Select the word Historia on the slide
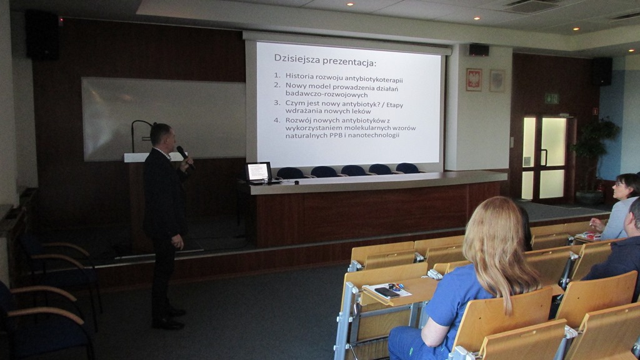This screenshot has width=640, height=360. [x=299, y=76]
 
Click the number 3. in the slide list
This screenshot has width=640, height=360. [x=277, y=103]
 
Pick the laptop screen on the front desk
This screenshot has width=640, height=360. [x=258, y=171]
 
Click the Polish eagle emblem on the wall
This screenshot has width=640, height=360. [x=474, y=79]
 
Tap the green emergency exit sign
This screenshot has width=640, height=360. [x=551, y=98]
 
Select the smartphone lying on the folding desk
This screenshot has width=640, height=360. [x=386, y=292]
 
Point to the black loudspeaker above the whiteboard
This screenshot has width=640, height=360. [x=42, y=35]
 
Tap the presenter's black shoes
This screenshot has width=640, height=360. [x=169, y=319]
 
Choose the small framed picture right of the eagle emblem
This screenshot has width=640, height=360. [x=497, y=81]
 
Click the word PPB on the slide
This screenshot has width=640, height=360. [x=336, y=135]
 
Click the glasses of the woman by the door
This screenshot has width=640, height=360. [x=619, y=185]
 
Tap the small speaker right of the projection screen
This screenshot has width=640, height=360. [x=478, y=50]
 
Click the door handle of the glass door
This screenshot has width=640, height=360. [x=544, y=157]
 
